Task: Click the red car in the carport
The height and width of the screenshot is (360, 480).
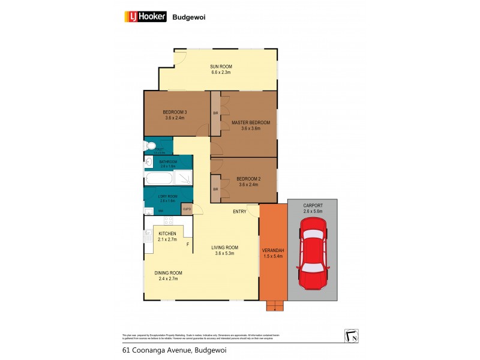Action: click(312, 252)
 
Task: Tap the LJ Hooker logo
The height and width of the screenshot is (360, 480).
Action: click(144, 17)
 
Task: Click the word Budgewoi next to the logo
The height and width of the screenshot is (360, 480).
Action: click(190, 17)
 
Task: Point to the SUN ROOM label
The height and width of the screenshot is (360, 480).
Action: click(220, 67)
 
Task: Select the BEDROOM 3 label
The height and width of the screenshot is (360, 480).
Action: click(175, 112)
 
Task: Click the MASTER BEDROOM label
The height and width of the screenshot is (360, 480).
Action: click(250, 122)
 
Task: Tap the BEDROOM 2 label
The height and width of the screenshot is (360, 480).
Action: click(248, 179)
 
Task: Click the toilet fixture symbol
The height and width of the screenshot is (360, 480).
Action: click(150, 146)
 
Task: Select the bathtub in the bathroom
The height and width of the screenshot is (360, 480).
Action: click(159, 178)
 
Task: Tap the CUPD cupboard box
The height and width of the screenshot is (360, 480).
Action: click(187, 209)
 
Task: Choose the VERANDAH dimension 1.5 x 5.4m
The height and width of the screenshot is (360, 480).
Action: click(272, 256)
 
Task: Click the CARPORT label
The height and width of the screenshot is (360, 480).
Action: click(313, 205)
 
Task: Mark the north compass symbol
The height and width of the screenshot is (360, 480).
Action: click(351, 336)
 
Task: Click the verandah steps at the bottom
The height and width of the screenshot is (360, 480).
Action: click(274, 305)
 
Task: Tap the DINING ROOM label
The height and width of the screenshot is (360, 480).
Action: click(169, 273)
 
